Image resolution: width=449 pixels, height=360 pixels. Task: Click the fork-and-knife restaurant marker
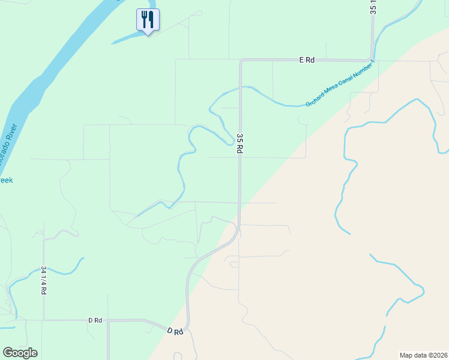147,20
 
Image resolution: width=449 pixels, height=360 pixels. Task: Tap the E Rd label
307,60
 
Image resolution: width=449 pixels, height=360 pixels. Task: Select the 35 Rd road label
240,144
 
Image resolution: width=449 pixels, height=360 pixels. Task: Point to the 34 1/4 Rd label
44,280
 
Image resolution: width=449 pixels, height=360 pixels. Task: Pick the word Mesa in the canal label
333,91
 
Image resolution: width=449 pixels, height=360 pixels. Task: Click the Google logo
20,353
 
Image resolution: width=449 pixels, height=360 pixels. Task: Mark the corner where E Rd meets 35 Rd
241,61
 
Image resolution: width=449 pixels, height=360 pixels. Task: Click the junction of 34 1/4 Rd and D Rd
44,320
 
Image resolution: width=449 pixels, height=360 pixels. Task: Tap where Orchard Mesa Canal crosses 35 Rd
241,87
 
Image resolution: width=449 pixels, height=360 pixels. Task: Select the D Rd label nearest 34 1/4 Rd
95,320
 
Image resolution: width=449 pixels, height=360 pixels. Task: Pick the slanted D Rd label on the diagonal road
175,331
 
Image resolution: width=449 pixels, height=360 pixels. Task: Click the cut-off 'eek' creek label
5,180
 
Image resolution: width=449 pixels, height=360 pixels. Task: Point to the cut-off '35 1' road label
373,7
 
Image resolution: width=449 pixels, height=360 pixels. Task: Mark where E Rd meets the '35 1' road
372,59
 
